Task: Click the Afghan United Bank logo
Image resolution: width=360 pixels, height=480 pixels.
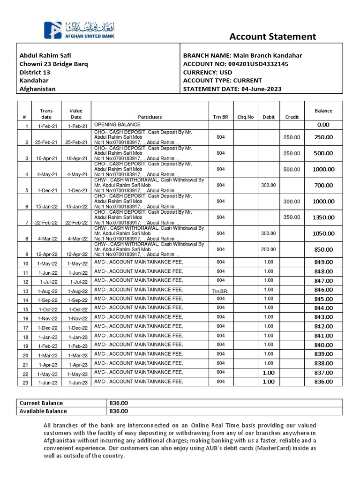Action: pos(79,30)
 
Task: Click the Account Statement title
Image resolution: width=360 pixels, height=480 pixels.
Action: pos(272,37)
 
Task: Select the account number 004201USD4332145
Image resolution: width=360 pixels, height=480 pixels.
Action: pos(259,64)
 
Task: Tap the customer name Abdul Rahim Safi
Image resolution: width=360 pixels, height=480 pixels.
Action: pos(45,55)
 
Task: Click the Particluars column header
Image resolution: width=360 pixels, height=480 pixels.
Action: pos(150,117)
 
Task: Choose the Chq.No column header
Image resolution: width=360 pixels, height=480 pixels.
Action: pos(245,117)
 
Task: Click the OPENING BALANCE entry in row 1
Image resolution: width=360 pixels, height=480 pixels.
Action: pos(117,125)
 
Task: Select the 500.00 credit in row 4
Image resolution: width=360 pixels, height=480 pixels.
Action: pos(291,169)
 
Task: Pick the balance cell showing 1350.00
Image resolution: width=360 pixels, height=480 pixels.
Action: pos(323,217)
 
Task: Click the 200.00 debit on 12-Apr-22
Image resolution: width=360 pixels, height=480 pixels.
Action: pos(269,249)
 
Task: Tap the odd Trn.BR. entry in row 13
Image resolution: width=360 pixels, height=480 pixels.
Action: pos(221,291)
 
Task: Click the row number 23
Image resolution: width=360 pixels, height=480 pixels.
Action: pos(26,383)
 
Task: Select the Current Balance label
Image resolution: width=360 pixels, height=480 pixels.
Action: pos(41,403)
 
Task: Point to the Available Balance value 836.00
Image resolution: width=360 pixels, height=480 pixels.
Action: pos(118,411)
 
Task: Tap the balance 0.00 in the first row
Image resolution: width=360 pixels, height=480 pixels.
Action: pos(323,125)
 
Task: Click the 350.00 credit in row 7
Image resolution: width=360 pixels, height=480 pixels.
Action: pos(291,217)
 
